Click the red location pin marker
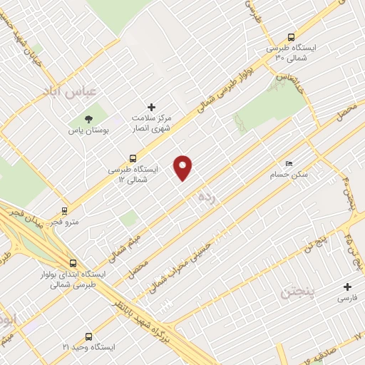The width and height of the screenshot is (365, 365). [x=184, y=167]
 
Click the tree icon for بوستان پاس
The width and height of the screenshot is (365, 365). [x=88, y=118]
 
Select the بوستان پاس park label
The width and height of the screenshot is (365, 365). [x=87, y=131]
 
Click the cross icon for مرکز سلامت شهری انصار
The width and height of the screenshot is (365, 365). [x=151, y=107]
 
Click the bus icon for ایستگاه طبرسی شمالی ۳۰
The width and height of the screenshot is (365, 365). [x=291, y=37]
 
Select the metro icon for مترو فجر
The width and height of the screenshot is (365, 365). [x=65, y=211]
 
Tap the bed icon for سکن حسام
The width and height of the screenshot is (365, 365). [x=288, y=163]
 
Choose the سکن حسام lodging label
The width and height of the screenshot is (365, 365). [x=289, y=174]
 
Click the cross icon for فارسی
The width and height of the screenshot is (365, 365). [x=347, y=287]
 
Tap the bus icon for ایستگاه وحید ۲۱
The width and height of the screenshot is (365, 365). [x=88, y=336]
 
